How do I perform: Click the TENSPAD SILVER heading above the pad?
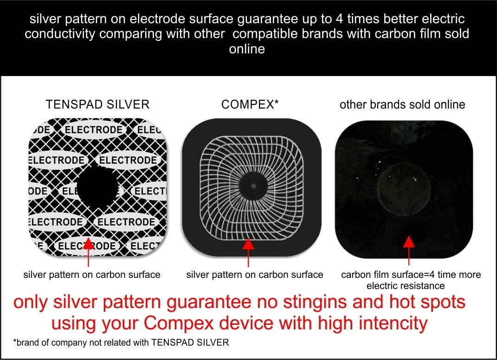pos(97,104)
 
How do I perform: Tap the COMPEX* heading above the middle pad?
pos(250,104)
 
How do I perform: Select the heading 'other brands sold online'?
pos(402,104)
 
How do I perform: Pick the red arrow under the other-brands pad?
pos(408,249)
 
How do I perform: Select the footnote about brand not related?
pos(121,343)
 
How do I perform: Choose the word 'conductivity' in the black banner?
pos(64,34)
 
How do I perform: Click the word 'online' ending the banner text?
pos(247,48)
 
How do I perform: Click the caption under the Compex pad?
pos(254,275)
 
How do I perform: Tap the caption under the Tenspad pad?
pos(92,275)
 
